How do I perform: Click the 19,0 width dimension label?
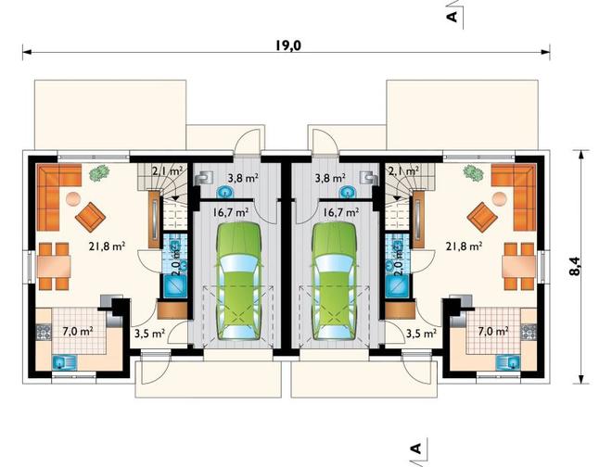click(x=288, y=46)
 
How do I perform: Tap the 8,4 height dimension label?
click(x=574, y=266)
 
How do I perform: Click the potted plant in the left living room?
click(x=98, y=173)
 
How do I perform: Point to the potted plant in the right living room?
click(x=474, y=173)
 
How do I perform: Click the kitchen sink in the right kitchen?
click(x=508, y=362)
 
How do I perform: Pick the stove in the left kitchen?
click(x=44, y=332)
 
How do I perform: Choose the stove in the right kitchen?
click(x=529, y=332)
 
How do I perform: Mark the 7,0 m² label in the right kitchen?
click(x=493, y=332)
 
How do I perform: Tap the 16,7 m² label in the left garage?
click(x=231, y=212)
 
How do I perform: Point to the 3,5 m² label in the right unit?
click(x=421, y=334)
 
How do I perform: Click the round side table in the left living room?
click(x=73, y=199)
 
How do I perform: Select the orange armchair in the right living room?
click(x=482, y=217)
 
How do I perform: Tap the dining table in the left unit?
click(x=54, y=267)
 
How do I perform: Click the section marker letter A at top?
click(x=452, y=17)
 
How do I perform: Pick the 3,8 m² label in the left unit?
click(x=243, y=179)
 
